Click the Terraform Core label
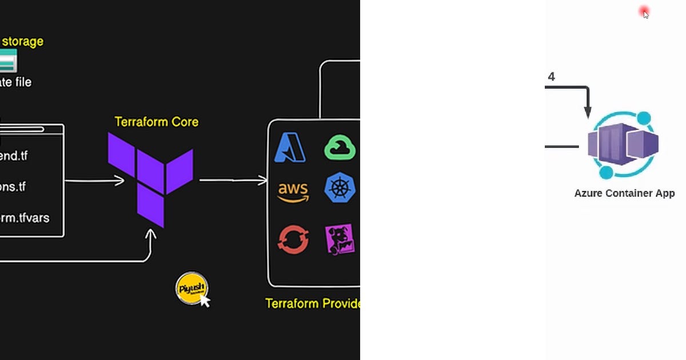pos(156,122)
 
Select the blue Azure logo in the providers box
pos(290,147)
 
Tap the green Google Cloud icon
pos(340,148)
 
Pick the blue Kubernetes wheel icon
pos(340,189)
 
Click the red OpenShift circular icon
pos(293,239)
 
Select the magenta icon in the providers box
pos(340,239)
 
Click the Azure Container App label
pos(624,193)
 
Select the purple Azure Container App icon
pos(623,145)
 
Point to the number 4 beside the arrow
pos(551,77)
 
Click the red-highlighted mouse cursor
pos(645,13)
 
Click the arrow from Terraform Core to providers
pos(233,181)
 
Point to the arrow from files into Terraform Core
pos(94,181)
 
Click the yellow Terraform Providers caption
pos(312,303)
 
